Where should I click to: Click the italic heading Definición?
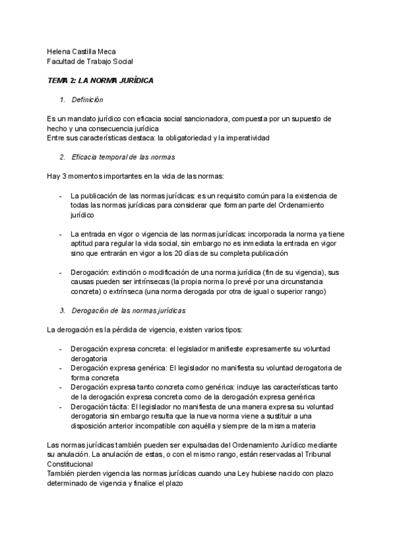87,99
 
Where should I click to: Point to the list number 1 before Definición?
62,99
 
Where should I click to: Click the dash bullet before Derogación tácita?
61,406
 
